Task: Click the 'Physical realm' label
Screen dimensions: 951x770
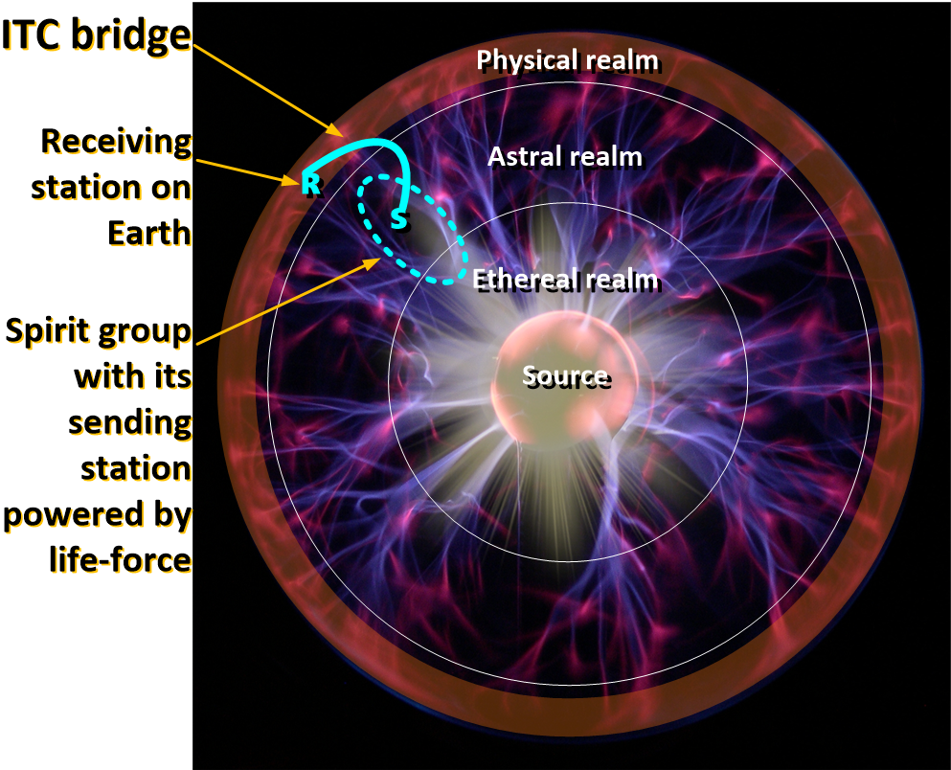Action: tap(567, 60)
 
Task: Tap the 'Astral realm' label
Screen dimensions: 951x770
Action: tap(565, 156)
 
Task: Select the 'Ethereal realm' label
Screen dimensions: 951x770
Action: tap(565, 280)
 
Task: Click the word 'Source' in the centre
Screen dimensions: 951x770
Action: tap(565, 376)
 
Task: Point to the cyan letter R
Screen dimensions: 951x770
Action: tap(310, 184)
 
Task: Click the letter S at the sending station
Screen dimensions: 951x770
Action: tap(398, 219)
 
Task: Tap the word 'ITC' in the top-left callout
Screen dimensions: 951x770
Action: tap(33, 35)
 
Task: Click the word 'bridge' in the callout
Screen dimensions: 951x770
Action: tap(131, 36)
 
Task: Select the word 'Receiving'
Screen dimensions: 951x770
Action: tap(117, 143)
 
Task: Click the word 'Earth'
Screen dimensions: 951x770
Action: tap(149, 234)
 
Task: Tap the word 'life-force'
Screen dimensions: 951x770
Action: tap(121, 559)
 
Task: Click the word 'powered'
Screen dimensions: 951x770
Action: tap(64, 515)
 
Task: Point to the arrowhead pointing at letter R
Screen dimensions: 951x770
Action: tap(292, 179)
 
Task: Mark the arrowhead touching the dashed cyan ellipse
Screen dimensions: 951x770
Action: tap(373, 262)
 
